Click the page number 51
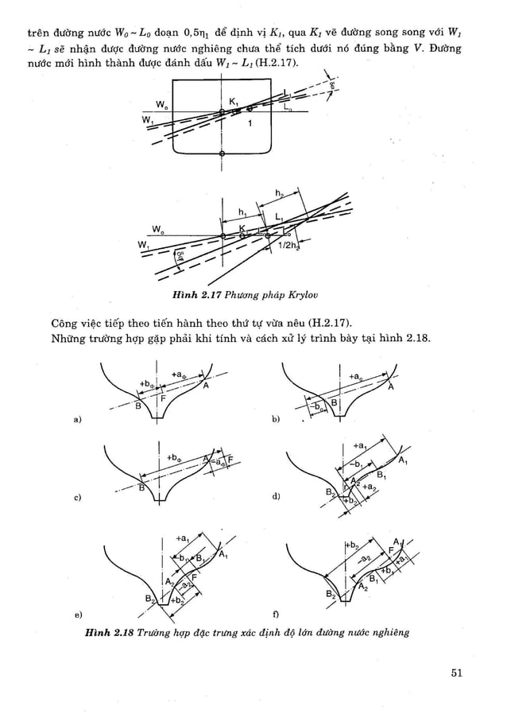(x=455, y=673)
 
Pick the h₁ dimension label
(x=242, y=212)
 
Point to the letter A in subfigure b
(x=391, y=388)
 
